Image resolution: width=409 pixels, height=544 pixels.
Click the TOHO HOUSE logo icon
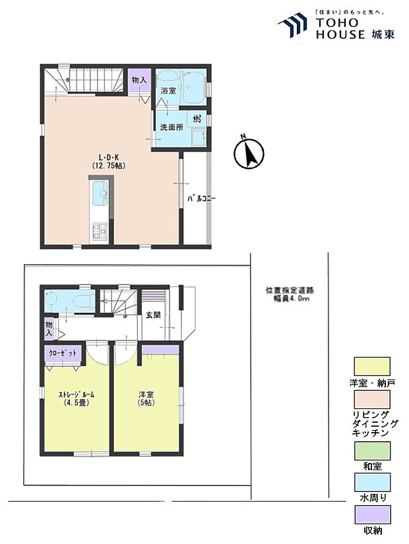tap(294, 26)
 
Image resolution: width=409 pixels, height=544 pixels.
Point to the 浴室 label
tap(168, 91)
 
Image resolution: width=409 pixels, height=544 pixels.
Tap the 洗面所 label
tap(170, 126)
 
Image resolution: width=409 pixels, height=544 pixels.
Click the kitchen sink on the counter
tap(100, 194)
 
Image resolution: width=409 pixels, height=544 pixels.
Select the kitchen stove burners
tap(99, 230)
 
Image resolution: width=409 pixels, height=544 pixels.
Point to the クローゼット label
tap(64, 354)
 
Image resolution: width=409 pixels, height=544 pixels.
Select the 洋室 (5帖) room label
tap(146, 398)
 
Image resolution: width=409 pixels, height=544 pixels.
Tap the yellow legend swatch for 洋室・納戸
tap(372, 366)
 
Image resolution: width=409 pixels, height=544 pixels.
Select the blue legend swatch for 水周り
tap(372, 482)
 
